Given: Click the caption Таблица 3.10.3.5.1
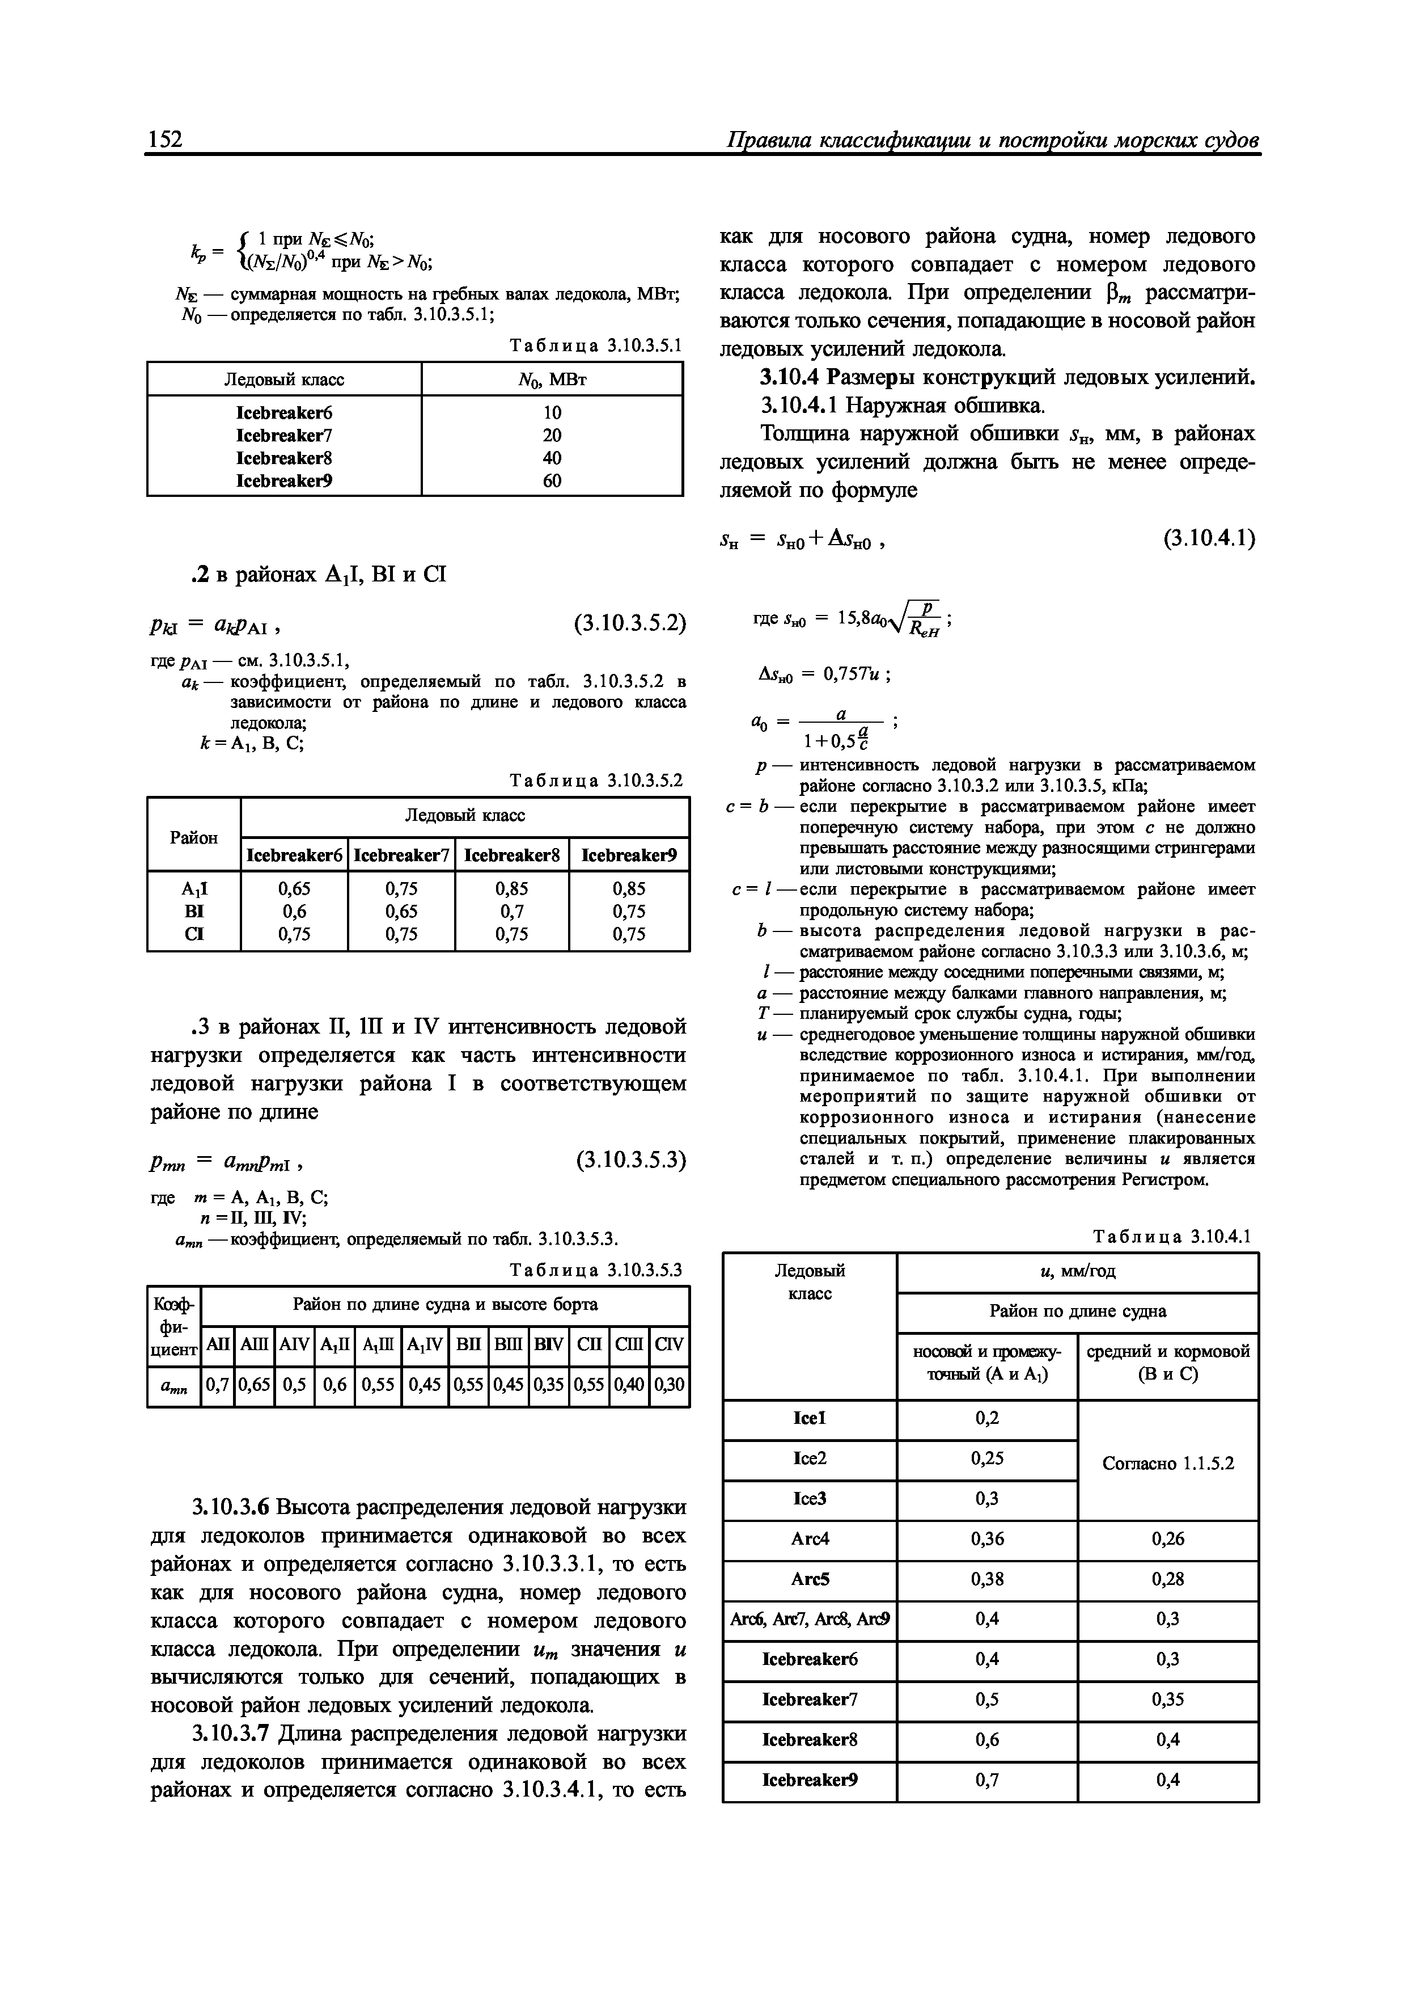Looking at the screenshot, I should pyautogui.click(x=596, y=346).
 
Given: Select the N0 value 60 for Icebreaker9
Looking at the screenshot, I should pyautogui.click(x=552, y=480).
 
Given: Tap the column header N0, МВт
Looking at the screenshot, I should pyautogui.click(x=552, y=380).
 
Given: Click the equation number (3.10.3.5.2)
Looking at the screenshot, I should pyautogui.click(x=630, y=622).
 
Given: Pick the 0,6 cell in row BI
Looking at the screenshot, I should pyautogui.click(x=295, y=911).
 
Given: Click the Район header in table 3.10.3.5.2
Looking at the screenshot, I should pyautogui.click(x=194, y=837).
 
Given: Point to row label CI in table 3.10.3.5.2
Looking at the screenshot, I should pyautogui.click(x=194, y=934).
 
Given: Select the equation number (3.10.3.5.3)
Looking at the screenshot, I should pyautogui.click(x=630, y=1159).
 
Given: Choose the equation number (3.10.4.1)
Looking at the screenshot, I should pyautogui.click(x=1209, y=538).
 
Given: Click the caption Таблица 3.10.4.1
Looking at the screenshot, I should pyautogui.click(x=1172, y=1236).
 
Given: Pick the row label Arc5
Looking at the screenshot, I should pyautogui.click(x=810, y=1579).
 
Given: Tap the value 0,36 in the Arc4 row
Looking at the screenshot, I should pyautogui.click(x=986, y=1538).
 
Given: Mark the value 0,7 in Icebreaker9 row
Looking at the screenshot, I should pyautogui.click(x=986, y=1780).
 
